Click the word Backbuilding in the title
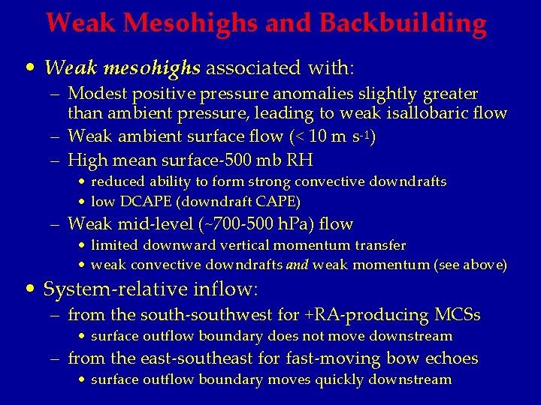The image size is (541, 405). (403, 23)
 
